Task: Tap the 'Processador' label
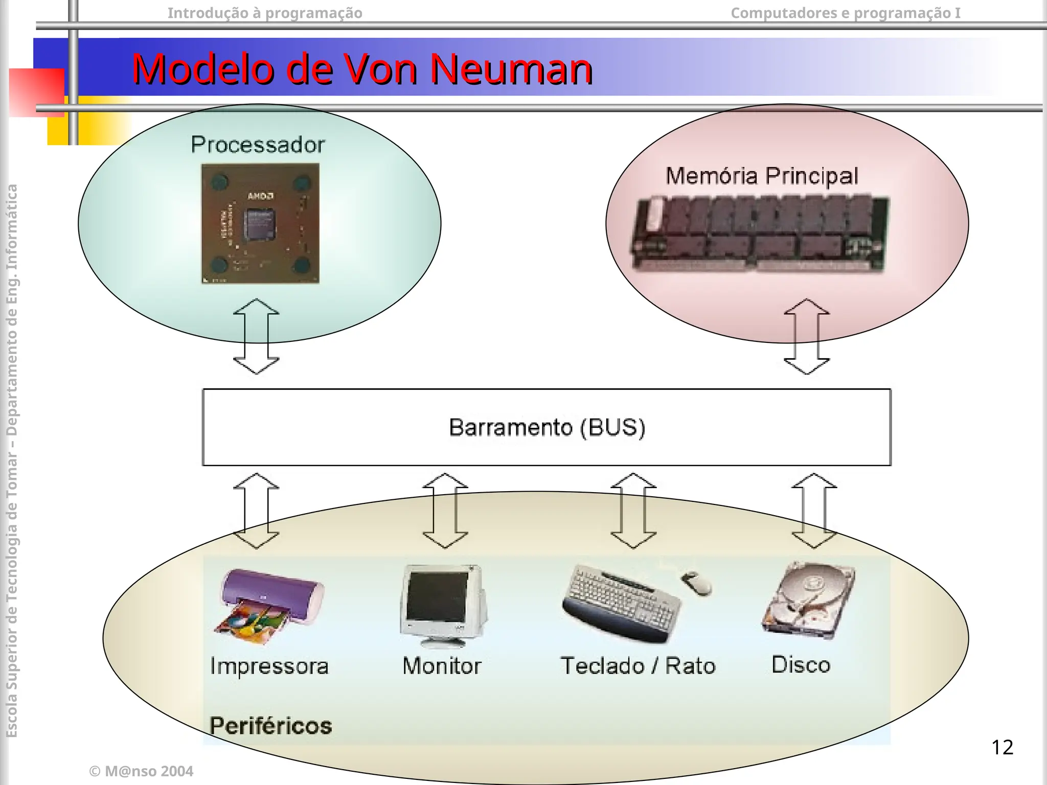point(258,145)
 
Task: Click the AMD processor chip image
point(260,223)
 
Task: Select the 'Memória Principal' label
point(762,176)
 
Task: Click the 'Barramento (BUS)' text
point(547,427)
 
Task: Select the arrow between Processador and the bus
point(256,337)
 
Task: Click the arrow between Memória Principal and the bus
point(806,337)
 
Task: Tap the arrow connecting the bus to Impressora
point(256,511)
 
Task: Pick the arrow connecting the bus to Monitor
point(445,511)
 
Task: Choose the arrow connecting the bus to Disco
point(814,511)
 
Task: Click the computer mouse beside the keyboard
point(696,583)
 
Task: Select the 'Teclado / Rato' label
point(638,666)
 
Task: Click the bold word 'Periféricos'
point(270,726)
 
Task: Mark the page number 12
point(1002,747)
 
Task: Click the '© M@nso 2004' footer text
point(141,771)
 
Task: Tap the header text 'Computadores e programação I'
point(846,13)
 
